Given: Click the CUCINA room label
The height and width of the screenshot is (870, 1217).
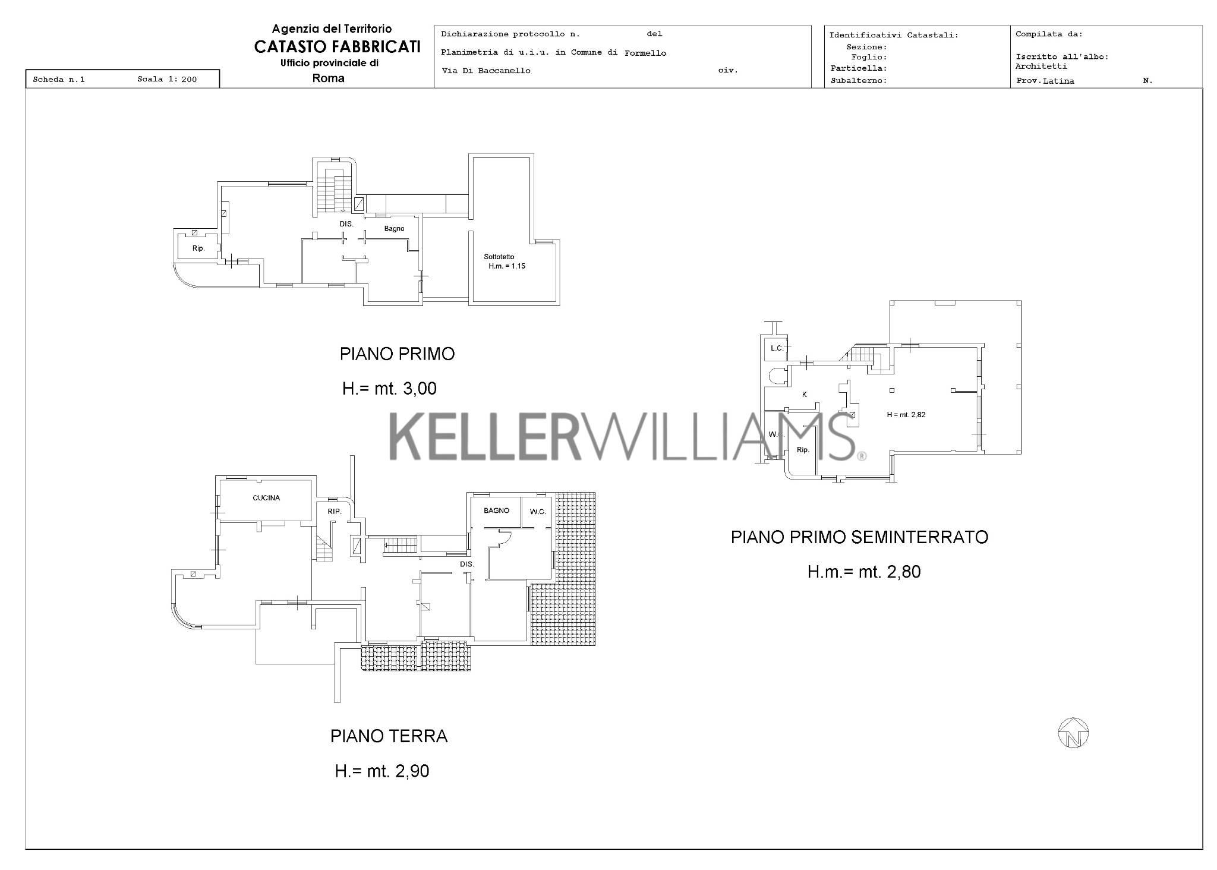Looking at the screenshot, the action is (x=266, y=498).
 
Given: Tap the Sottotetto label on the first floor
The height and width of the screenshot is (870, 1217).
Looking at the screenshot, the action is (x=499, y=257).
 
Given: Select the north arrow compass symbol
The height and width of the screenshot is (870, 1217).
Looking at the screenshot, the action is (x=1073, y=733).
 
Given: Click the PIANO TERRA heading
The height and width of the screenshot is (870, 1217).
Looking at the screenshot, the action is (x=389, y=736).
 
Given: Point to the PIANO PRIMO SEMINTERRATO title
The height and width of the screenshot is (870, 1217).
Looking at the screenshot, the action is (x=859, y=537).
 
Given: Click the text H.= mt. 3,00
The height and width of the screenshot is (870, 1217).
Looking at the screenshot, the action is (x=389, y=389).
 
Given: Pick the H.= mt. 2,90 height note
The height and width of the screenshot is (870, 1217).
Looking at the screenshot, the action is (x=382, y=771).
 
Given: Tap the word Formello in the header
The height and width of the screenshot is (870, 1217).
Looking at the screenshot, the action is (x=645, y=53).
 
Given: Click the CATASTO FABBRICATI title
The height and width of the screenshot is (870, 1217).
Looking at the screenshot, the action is (x=338, y=47).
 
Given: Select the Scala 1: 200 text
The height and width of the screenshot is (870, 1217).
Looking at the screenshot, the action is (x=167, y=79).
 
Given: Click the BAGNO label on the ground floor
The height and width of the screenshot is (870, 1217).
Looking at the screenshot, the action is (x=496, y=510).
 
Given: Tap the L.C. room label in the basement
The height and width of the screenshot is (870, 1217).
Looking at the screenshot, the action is (x=777, y=348).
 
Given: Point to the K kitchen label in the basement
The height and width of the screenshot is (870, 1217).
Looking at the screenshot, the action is (x=805, y=395).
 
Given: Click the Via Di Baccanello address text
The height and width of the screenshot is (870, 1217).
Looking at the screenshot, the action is (x=486, y=71).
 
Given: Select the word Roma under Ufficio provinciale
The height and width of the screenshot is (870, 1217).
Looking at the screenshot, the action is (x=328, y=78).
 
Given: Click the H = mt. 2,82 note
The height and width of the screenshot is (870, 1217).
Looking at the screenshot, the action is (x=906, y=415).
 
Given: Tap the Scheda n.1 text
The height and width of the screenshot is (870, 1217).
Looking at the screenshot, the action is (x=59, y=79).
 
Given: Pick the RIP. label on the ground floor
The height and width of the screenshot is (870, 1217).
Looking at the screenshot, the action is (x=335, y=511).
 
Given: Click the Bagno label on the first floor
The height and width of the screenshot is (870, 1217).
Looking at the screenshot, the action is (x=394, y=229).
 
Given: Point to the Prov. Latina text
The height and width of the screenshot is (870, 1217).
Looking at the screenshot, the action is (x=1045, y=81).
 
